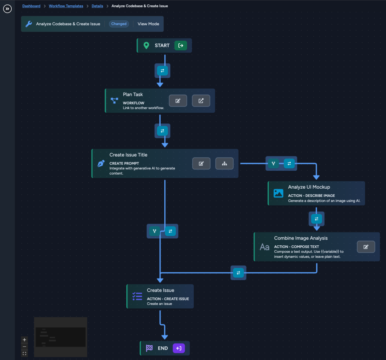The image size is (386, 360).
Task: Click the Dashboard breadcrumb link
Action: pos(31,6)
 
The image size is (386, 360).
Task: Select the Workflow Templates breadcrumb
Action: pos(66,6)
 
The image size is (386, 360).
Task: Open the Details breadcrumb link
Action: pos(97,6)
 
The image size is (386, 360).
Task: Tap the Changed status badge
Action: pos(119,24)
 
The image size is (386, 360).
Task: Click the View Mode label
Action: pos(148,24)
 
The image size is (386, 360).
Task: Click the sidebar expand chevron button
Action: pos(8,9)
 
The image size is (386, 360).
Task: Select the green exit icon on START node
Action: pos(181,45)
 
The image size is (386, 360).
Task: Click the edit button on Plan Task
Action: pos(178,101)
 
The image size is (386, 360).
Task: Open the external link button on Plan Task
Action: pos(201,101)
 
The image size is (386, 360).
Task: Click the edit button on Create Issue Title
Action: pos(201,163)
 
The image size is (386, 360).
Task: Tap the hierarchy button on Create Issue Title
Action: pos(224,163)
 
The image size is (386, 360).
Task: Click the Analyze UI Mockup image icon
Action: pos(278,193)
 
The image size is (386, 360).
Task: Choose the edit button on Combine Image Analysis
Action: pos(366,247)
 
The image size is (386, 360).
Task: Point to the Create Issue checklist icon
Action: pos(137,296)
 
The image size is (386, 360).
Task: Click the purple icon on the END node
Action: pos(179,348)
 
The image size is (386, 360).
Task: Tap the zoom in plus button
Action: pos(25,340)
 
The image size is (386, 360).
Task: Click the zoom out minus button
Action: pos(25,346)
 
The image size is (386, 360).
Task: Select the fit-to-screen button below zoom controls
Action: pos(25,353)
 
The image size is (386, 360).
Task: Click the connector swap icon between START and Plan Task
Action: pos(163,71)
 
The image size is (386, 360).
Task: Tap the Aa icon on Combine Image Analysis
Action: pos(265,247)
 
